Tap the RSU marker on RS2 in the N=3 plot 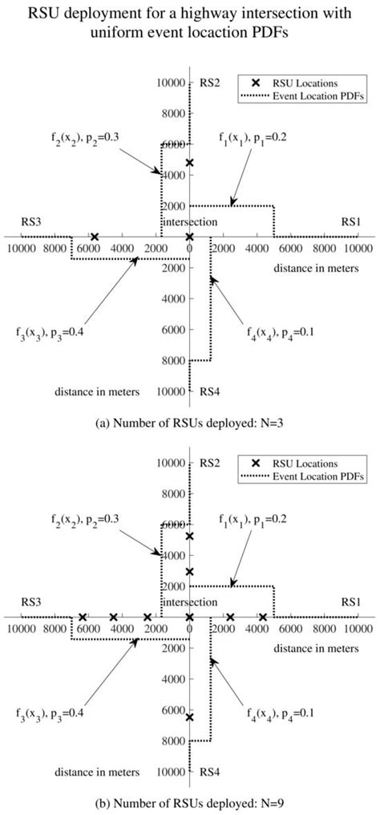click(189, 163)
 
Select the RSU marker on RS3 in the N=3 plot click(95, 237)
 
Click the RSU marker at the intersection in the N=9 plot click(189, 617)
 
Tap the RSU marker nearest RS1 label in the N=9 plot click(263, 617)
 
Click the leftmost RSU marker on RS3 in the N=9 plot click(82, 617)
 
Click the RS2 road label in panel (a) click(209, 83)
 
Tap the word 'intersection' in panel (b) click(189, 602)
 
